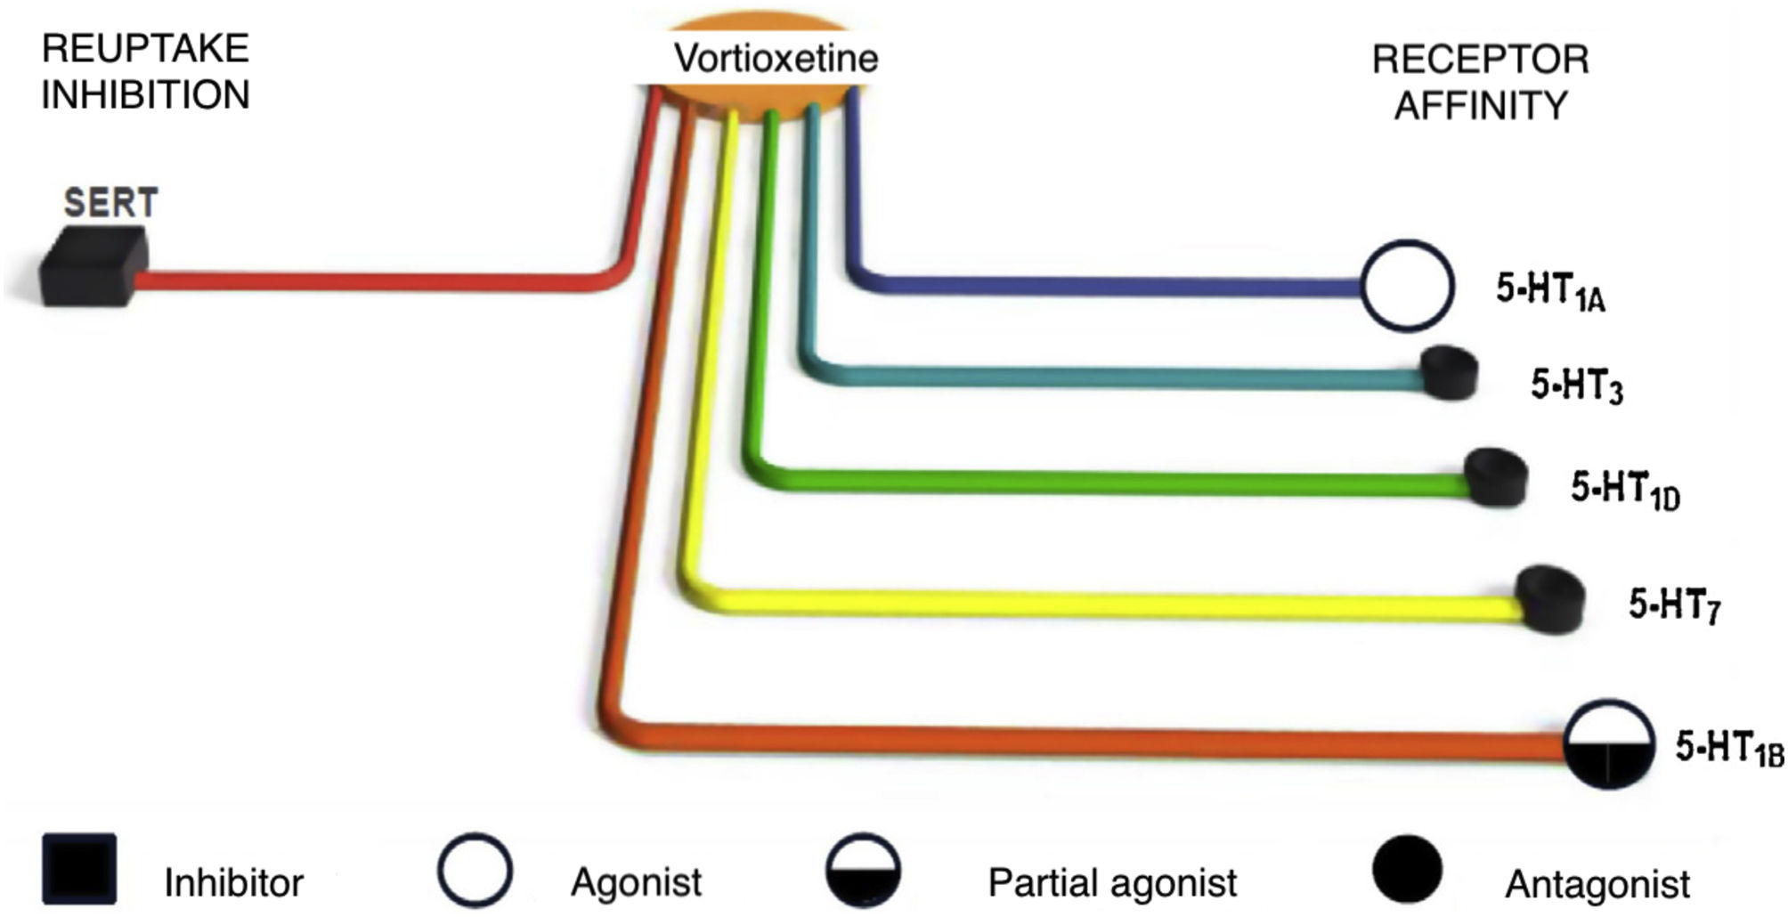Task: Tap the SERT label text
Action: [110, 203]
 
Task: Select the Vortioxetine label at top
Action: [776, 59]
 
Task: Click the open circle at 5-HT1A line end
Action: [1407, 286]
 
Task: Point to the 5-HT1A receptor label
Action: [1550, 292]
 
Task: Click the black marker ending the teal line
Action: [1449, 372]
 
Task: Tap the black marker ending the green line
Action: [1496, 477]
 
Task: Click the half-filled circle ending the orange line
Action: [1608, 744]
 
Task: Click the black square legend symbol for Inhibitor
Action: [79, 869]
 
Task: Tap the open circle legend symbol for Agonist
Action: [475, 870]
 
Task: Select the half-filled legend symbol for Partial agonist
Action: [863, 870]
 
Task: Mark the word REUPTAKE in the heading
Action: [145, 48]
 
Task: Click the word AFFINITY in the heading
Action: [1480, 105]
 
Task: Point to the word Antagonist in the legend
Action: [1597, 884]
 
